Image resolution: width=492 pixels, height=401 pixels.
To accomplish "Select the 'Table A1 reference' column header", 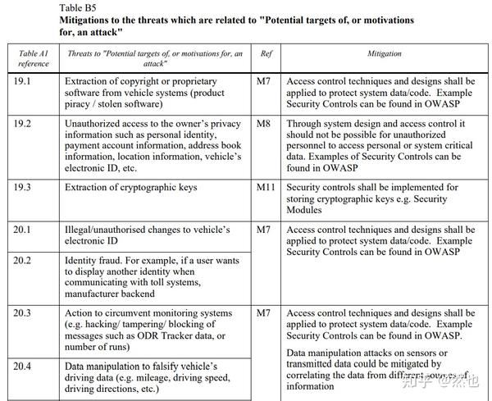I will coord(33,58).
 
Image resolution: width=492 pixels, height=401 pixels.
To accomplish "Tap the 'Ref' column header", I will coord(266,53).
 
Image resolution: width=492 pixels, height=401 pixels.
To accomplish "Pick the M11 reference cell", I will coord(266,188).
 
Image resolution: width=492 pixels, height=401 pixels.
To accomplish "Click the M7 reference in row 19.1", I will coord(264,82).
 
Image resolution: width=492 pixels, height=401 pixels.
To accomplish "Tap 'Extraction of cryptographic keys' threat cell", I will coord(130,188).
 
